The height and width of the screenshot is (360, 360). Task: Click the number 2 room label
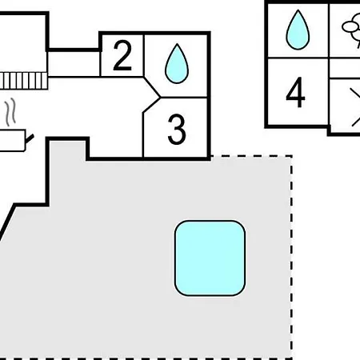tap(122, 56)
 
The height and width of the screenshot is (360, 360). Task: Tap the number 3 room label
tap(177, 130)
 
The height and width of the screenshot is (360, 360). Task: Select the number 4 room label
tap(295, 92)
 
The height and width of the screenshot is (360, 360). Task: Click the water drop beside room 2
tap(177, 63)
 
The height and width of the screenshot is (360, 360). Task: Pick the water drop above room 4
tap(298, 30)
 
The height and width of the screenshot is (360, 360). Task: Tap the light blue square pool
tap(210, 258)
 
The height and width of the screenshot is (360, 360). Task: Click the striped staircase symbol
tap(23, 81)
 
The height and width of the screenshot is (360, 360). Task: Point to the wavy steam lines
tap(10, 112)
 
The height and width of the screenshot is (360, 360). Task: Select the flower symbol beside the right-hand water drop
tap(351, 30)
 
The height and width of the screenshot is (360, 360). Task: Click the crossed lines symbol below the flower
tap(355, 107)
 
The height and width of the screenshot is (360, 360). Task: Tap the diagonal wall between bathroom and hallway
tap(152, 87)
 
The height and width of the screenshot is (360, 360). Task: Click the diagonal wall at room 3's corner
tap(151, 105)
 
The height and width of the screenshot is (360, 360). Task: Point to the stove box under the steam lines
tap(13, 141)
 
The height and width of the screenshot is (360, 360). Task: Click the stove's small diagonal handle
tap(30, 138)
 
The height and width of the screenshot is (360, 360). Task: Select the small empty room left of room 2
tap(74, 64)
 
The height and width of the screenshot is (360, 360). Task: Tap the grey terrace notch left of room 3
tap(68, 150)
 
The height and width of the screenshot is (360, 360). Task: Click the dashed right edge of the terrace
tap(291, 258)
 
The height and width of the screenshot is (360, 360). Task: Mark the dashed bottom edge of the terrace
tap(146, 358)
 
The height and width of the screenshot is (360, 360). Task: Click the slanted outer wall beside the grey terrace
tap(7, 222)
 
